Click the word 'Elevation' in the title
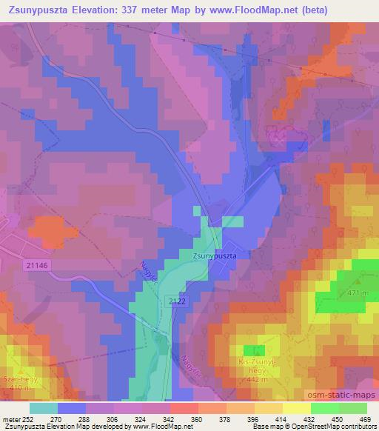[x=89, y=8]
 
